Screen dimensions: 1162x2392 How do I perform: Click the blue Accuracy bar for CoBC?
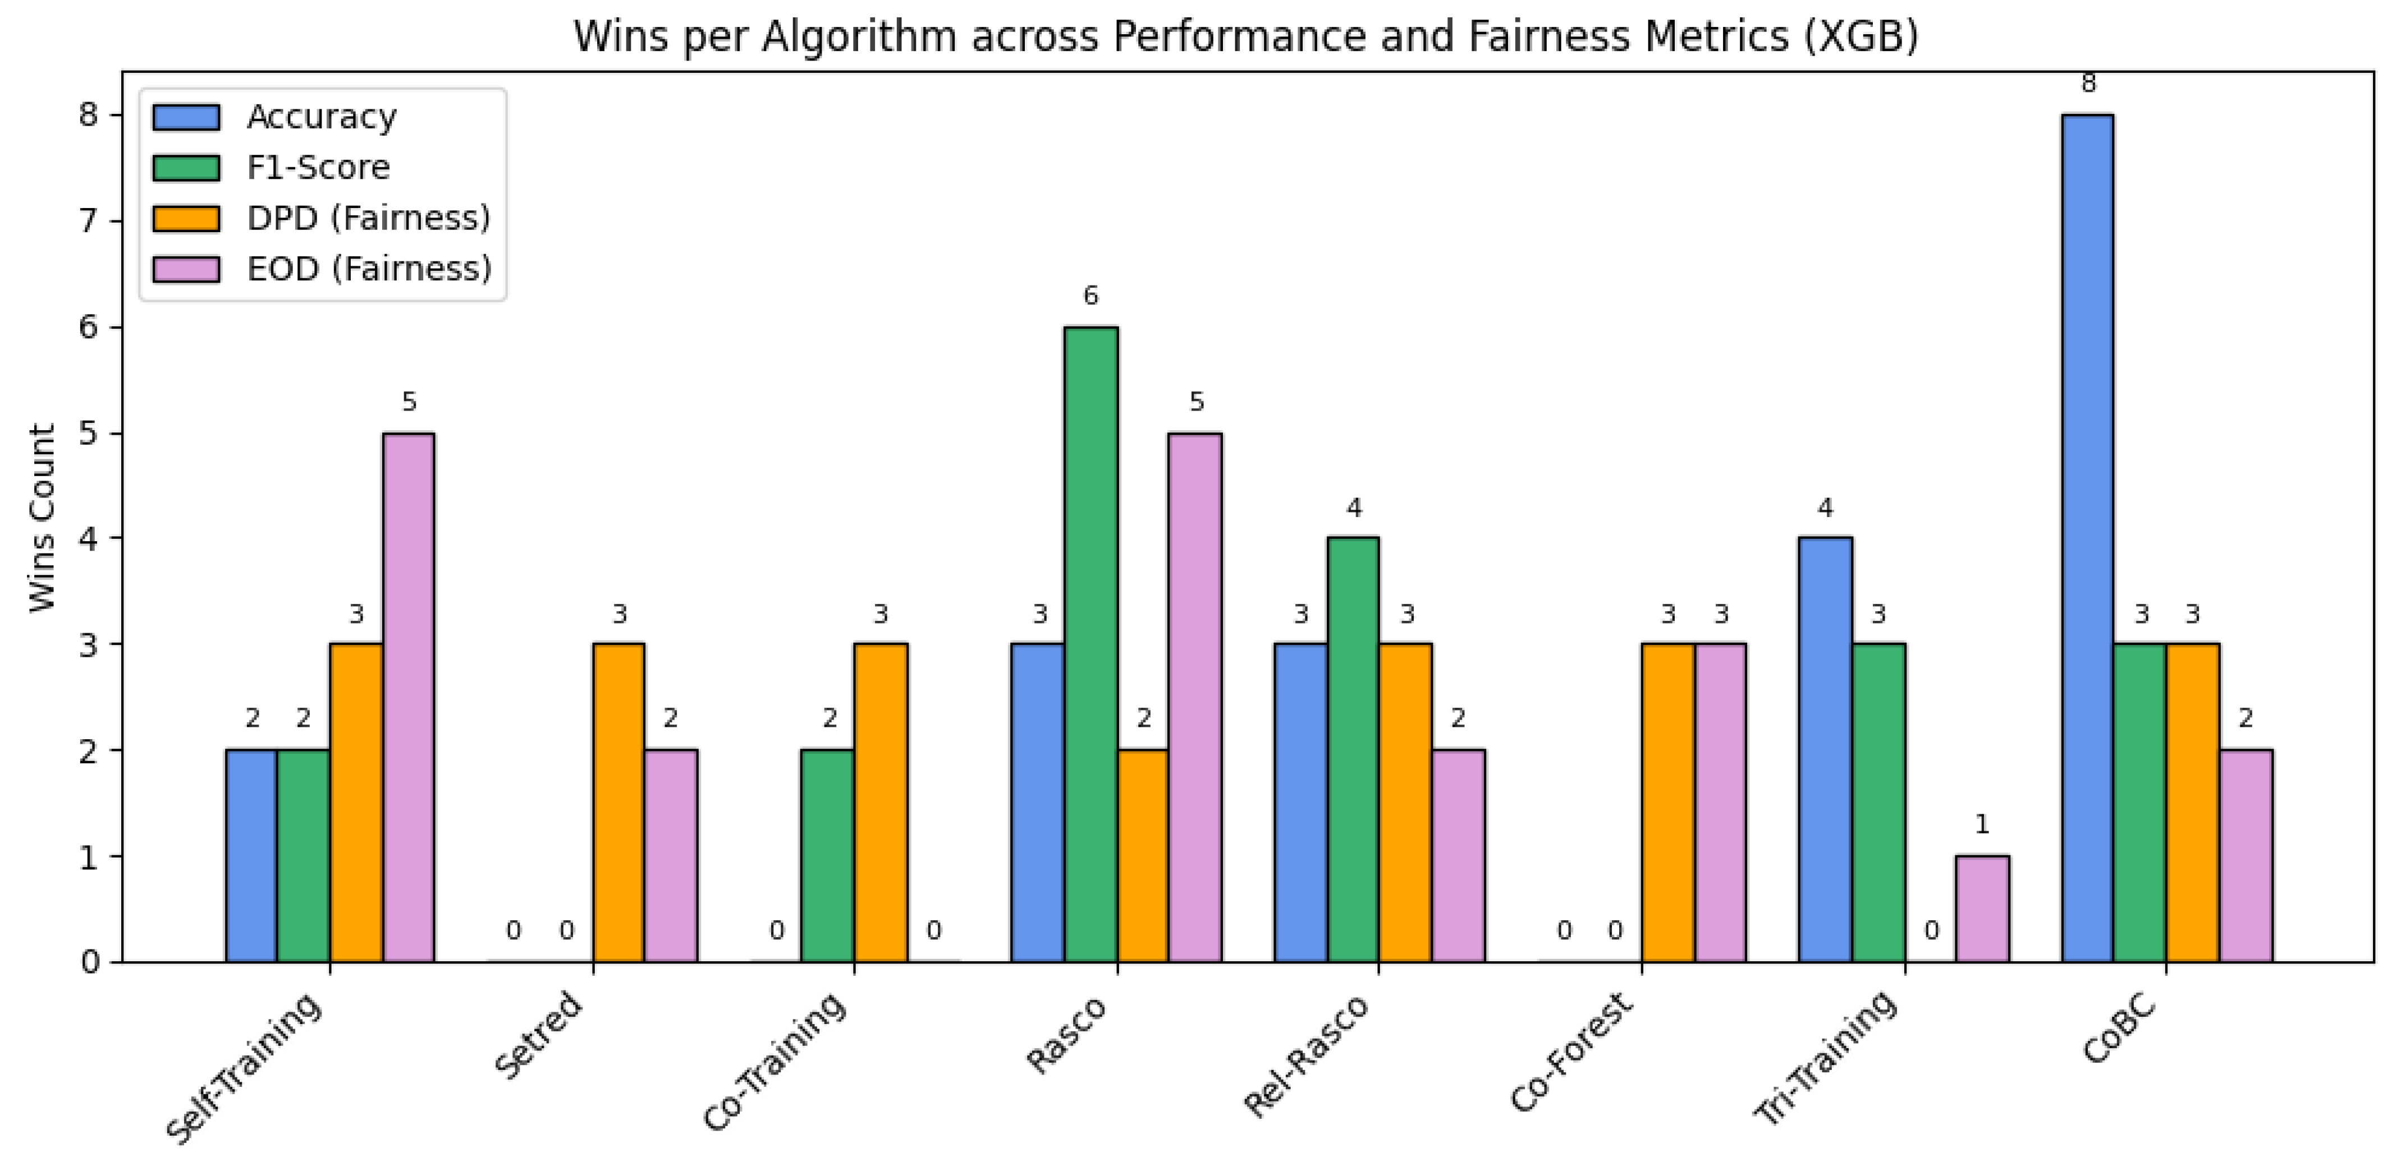pos(2087,538)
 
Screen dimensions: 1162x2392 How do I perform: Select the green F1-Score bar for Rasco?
pos(1091,644)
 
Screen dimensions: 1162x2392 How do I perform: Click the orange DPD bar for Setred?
pos(618,803)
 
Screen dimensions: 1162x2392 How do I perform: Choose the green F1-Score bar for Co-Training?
pos(827,856)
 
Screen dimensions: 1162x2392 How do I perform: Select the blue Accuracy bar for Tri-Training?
pos(1825,750)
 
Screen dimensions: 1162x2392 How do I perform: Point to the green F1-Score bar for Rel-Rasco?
pos(1353,750)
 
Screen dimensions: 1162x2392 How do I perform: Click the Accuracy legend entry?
pos(321,117)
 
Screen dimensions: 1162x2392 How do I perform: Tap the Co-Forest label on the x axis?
pos(1569,1053)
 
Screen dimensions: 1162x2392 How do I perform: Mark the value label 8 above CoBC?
pos(2088,84)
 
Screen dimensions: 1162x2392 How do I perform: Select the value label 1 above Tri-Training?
pos(1982,824)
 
